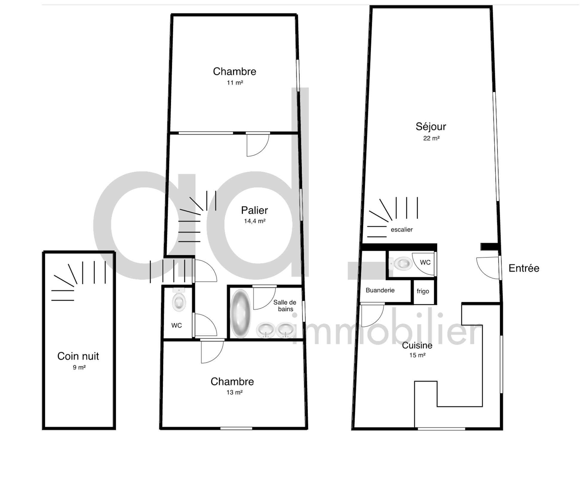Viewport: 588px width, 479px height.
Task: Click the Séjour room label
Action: [x=431, y=126]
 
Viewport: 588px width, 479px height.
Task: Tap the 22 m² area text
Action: [x=431, y=138]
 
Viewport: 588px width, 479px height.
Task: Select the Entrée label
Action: [x=524, y=268]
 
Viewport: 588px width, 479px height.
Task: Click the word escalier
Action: [x=401, y=230]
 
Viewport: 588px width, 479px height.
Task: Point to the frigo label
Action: [x=423, y=291]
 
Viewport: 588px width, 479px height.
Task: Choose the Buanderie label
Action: [x=380, y=290]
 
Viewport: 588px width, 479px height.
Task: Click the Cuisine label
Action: [x=417, y=345]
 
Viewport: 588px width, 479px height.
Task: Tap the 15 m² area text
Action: [x=417, y=355]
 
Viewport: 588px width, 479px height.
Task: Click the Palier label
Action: [x=254, y=210]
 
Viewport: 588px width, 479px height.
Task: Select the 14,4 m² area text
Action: [x=254, y=221]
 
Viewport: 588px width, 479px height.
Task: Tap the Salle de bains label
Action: [x=285, y=306]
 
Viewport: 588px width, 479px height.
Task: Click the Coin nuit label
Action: [x=78, y=356]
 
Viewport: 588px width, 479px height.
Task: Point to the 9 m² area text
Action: [x=79, y=367]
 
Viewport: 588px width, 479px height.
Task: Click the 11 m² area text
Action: [x=235, y=83]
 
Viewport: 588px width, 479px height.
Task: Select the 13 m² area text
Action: [x=234, y=392]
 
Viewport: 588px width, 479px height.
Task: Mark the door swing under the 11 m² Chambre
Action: [x=257, y=145]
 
